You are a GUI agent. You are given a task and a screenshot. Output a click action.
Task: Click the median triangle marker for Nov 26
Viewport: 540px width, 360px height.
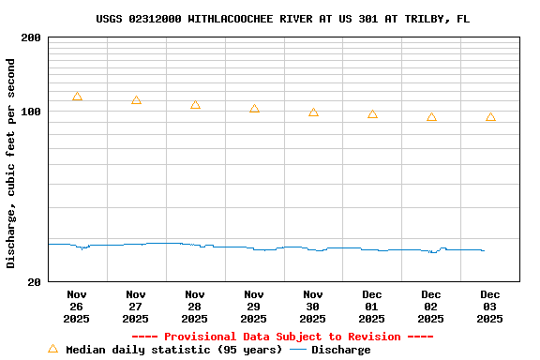coord(77,97)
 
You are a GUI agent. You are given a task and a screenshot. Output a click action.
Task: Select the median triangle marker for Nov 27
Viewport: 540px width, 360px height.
coord(136,100)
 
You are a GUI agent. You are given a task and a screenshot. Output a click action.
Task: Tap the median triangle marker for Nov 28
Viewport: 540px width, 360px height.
coord(195,105)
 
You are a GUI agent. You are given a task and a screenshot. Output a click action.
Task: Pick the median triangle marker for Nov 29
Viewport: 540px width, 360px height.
coord(254,109)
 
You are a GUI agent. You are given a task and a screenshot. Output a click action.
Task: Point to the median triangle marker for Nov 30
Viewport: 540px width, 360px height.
coord(313,112)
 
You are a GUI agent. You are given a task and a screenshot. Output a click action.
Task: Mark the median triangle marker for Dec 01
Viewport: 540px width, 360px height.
coord(372,114)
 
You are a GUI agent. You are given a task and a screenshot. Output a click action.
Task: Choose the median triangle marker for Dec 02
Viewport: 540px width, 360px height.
coord(431,117)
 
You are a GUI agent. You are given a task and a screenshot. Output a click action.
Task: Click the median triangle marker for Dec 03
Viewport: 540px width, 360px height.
coord(490,117)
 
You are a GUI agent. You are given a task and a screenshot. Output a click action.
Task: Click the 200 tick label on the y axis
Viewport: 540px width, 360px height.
coord(31,37)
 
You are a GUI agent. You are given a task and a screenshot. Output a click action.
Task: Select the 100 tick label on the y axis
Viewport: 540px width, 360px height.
coord(31,112)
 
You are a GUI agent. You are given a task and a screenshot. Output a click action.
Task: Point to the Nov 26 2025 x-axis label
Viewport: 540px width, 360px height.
coord(77,307)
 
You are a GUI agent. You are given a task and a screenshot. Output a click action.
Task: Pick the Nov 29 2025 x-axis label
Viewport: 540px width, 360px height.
coord(254,307)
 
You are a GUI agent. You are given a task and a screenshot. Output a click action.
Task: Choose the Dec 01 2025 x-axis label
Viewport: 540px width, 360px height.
coord(372,307)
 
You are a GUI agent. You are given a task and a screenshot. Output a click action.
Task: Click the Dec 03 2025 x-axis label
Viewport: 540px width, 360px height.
coord(490,307)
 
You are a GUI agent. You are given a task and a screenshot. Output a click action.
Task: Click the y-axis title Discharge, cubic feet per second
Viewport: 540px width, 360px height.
coord(11,163)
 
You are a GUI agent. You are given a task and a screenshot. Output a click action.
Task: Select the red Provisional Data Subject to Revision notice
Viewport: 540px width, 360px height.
coord(282,337)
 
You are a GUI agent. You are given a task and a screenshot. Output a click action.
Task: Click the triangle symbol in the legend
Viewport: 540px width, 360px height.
coord(52,349)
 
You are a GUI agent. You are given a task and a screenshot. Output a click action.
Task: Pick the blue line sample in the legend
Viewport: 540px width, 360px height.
coord(298,350)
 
